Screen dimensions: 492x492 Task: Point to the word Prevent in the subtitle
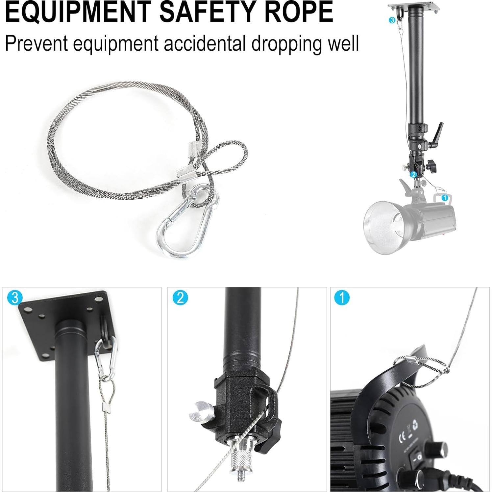[x=36, y=43]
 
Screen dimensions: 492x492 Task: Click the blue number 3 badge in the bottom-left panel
[x=14, y=298]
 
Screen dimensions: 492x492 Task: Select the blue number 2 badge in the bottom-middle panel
[x=180, y=298]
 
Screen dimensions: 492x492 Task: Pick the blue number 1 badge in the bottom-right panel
[x=342, y=298]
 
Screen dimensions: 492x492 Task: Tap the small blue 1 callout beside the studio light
[x=445, y=198]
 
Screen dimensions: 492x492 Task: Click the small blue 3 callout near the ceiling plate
[x=392, y=20]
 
